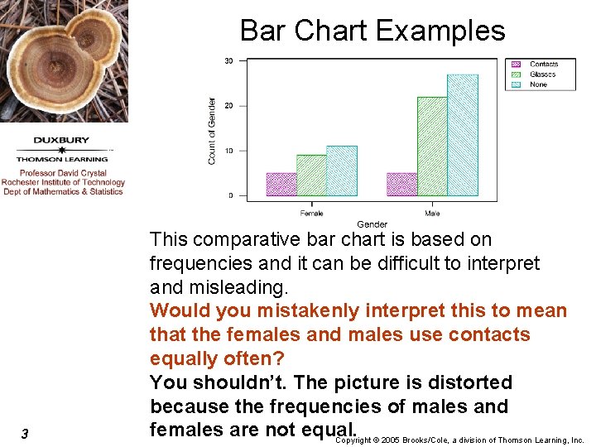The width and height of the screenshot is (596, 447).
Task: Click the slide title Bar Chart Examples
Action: (x=372, y=31)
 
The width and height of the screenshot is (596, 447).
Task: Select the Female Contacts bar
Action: (x=281, y=184)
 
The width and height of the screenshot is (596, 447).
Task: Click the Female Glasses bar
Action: (x=311, y=175)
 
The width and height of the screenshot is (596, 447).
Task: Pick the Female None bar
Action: (x=342, y=171)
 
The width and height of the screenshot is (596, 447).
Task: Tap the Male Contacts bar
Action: (x=402, y=184)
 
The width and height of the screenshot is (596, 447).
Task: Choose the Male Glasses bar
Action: (x=432, y=147)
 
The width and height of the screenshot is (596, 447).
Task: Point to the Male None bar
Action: (x=463, y=135)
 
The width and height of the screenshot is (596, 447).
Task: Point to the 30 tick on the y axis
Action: (x=228, y=60)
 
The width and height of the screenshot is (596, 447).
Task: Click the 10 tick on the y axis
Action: (x=228, y=151)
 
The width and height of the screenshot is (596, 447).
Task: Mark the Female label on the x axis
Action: (x=311, y=213)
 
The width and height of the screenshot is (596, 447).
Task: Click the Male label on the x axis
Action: (x=432, y=213)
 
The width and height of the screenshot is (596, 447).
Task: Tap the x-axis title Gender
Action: (x=372, y=224)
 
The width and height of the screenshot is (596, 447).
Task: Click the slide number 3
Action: (x=25, y=435)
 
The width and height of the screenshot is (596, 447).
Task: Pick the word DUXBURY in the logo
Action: (x=61, y=140)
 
